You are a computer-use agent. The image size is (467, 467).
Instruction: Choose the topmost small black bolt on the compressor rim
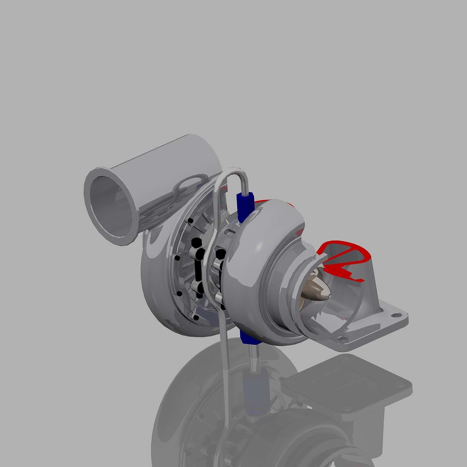click(190, 221)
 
